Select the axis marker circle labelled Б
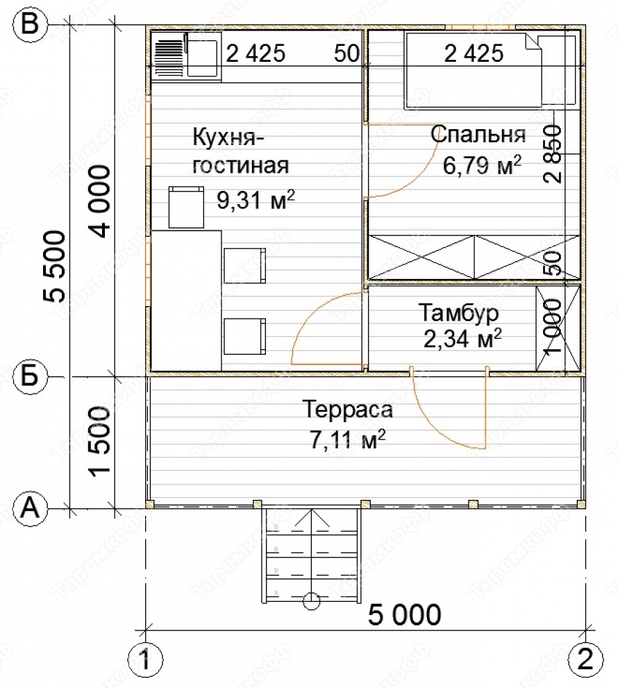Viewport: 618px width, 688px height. click(29, 376)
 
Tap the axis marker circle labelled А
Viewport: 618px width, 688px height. click(29, 509)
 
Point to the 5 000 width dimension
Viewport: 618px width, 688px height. click(404, 614)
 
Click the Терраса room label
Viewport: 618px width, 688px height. click(347, 410)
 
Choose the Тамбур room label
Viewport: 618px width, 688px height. click(459, 313)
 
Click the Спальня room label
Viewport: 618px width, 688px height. click(478, 134)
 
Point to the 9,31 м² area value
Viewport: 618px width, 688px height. click(256, 200)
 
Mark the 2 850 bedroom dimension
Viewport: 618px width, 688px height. click(551, 153)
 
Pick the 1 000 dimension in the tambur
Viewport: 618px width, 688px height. click(551, 326)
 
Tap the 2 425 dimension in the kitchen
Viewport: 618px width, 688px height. click(256, 53)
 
